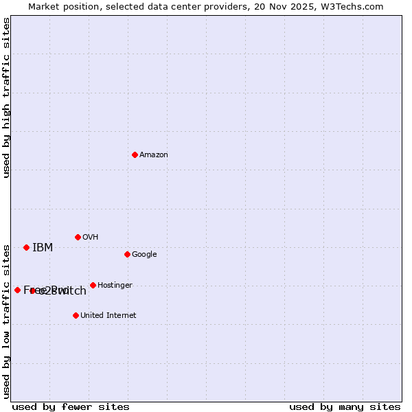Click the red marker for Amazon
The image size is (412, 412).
tap(135, 154)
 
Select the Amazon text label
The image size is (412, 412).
tap(154, 155)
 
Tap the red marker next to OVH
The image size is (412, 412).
tap(78, 237)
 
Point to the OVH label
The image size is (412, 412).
tap(91, 238)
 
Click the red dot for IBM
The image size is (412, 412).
tap(26, 247)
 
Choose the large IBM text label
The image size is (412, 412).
tap(43, 248)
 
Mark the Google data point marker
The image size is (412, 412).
tap(127, 254)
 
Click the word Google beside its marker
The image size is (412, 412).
tap(144, 255)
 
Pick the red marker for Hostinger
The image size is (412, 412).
tap(93, 285)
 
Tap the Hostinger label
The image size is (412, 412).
tap(115, 286)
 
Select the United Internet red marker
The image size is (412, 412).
tap(76, 315)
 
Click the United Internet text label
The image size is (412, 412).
tap(108, 316)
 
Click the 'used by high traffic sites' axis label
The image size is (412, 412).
tap(6, 98)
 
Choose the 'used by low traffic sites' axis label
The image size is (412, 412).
tap(6, 321)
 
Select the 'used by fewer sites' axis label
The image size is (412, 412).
tap(71, 407)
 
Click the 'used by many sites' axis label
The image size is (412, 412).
tap(345, 407)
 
